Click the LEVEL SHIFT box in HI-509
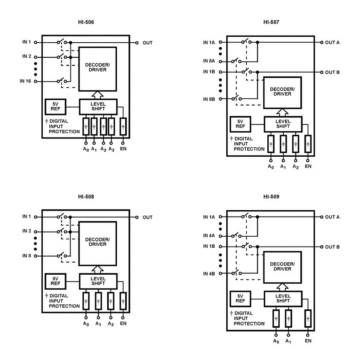[x=283, y=298]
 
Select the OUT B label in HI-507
[x=332, y=72]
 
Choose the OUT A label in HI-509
[x=332, y=217]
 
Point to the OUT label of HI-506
[x=147, y=43]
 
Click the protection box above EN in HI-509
[x=308, y=318]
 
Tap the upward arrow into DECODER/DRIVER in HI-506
[x=97, y=95]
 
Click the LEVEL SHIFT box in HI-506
[x=97, y=107]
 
